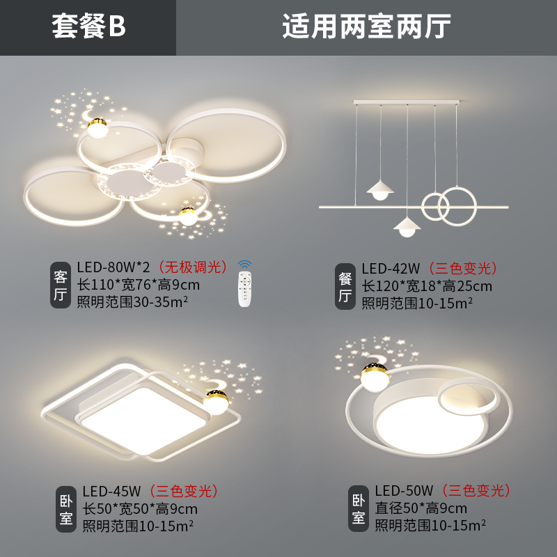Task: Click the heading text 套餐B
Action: point(88,27)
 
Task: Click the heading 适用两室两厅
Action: point(366,27)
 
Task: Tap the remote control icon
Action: point(244,285)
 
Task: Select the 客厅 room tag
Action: point(61,285)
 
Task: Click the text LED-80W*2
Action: point(114,267)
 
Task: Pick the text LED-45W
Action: point(111,492)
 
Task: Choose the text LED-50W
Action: point(404,492)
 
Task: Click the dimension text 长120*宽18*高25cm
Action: point(426,286)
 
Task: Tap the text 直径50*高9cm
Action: point(421,508)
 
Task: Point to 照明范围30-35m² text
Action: point(134,301)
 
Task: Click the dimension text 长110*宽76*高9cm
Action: point(141,285)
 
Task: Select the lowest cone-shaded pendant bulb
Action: point(407,228)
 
